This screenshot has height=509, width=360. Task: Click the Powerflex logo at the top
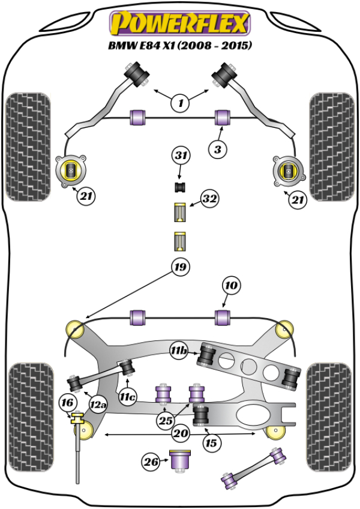(x=179, y=24)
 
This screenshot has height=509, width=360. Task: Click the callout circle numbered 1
(x=179, y=103)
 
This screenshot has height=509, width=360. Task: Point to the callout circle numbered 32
(x=209, y=199)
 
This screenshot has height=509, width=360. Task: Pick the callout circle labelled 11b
(x=178, y=350)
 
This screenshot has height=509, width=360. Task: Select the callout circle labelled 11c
(x=127, y=396)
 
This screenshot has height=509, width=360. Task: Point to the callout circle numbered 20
(x=180, y=433)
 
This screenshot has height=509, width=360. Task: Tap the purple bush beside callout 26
(x=181, y=460)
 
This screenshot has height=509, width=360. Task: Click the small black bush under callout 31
(x=180, y=187)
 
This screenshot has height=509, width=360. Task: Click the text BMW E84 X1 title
(x=179, y=45)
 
